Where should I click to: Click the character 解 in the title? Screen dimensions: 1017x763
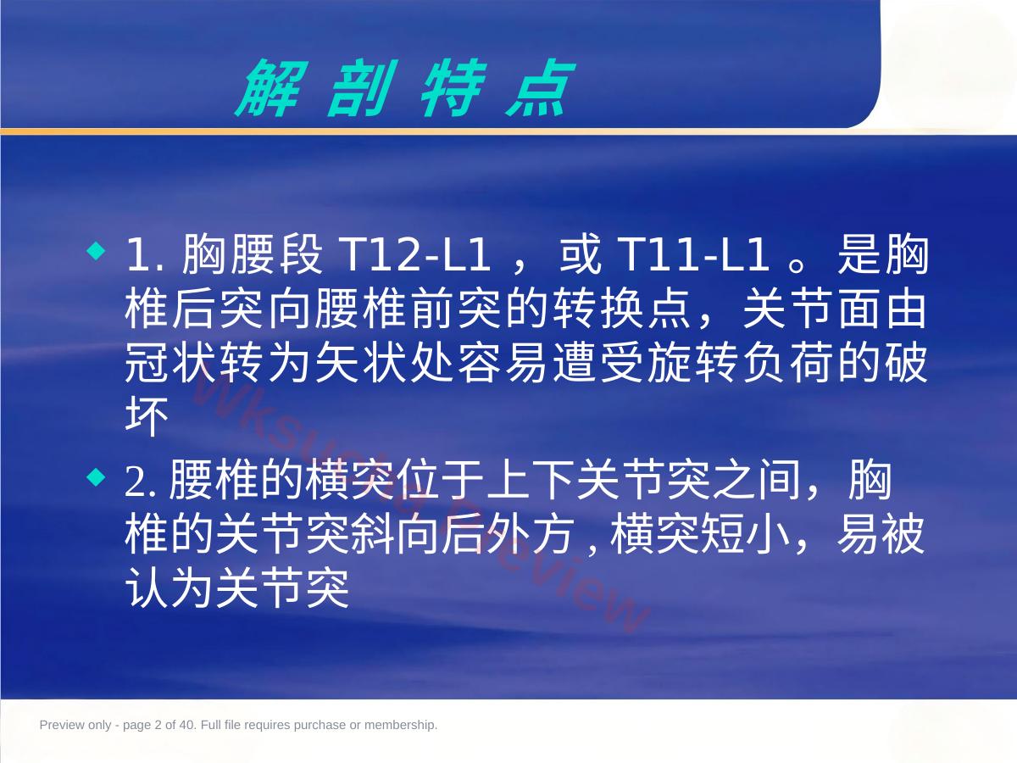271,87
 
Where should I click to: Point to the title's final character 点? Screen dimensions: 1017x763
540,87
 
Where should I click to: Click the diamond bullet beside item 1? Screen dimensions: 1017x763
97,251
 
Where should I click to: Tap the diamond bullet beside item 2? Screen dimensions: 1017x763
97,477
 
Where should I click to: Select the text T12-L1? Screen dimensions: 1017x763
414,254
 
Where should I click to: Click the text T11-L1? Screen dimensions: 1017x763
692,254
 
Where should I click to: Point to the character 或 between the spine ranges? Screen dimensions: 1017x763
580,254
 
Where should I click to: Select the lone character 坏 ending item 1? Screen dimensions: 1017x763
147,416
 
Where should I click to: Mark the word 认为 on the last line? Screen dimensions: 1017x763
169,588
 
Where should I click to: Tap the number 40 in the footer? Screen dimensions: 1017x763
186,725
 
